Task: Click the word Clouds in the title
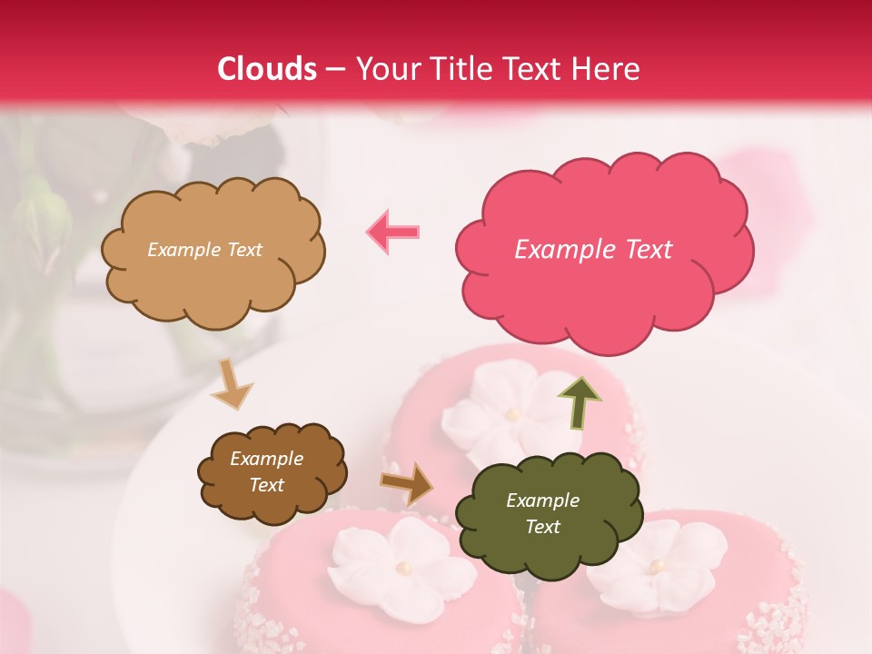tap(267, 69)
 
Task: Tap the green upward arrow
tap(579, 401)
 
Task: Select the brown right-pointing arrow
tap(407, 483)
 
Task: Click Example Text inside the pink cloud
tap(593, 250)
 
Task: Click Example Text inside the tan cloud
tap(204, 250)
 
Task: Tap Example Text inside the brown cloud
tap(267, 472)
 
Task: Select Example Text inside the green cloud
tap(542, 513)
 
